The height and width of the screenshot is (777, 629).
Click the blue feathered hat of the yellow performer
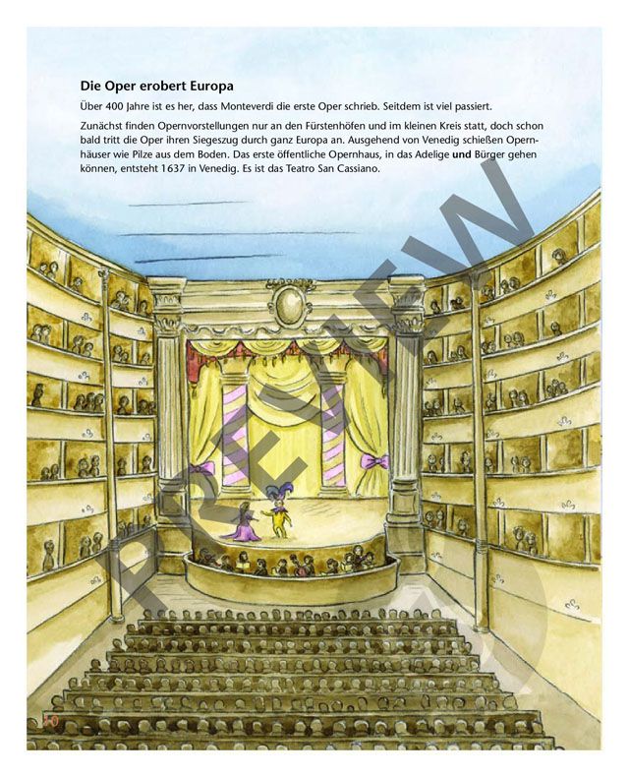[280, 487]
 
